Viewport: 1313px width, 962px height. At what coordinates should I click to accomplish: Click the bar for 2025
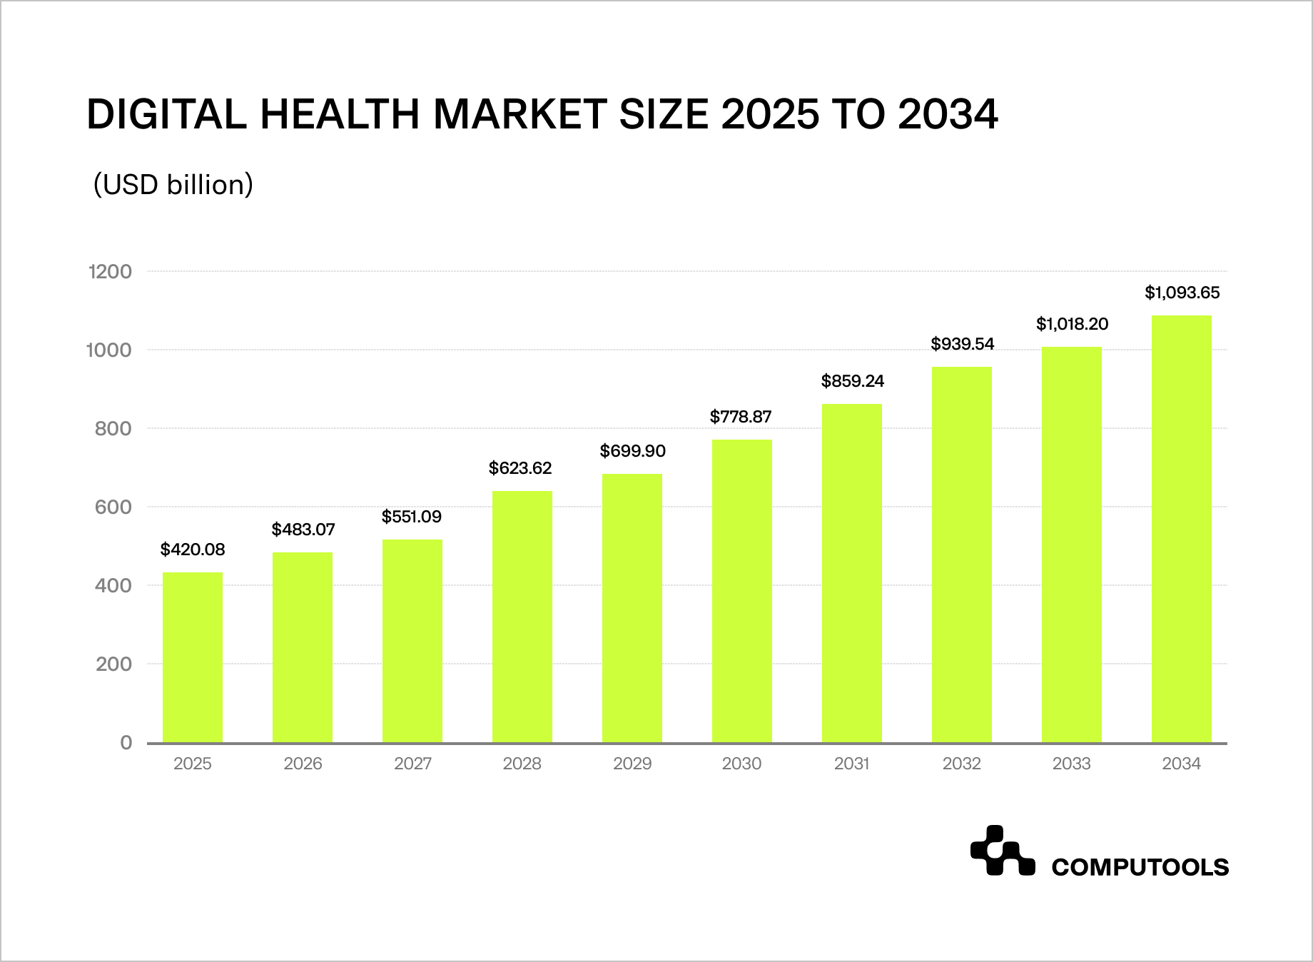pyautogui.click(x=193, y=657)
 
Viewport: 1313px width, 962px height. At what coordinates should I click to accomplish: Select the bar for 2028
pyautogui.click(x=522, y=617)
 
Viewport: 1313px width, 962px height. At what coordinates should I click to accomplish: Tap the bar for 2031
pyautogui.click(x=852, y=573)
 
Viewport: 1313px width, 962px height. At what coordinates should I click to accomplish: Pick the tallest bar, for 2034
pyautogui.click(x=1182, y=529)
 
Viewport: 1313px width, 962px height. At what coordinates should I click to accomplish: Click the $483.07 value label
pyautogui.click(x=303, y=530)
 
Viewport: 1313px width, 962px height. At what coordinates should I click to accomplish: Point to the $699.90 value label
pyautogui.click(x=633, y=451)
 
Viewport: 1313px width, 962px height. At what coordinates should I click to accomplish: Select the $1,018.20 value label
pyautogui.click(x=1073, y=324)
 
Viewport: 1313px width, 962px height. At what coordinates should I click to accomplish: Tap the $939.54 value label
pyautogui.click(x=963, y=344)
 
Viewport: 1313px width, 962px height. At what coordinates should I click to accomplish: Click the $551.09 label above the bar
pyautogui.click(x=412, y=517)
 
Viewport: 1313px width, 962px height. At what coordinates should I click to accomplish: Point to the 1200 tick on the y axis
pyautogui.click(x=110, y=272)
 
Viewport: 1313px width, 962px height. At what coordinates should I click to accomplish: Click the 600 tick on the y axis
pyautogui.click(x=113, y=507)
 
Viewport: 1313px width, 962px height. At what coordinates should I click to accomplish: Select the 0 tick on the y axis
pyautogui.click(x=126, y=743)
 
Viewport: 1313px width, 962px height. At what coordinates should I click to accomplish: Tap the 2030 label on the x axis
pyautogui.click(x=742, y=764)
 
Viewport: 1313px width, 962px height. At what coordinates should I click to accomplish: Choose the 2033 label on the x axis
pyautogui.click(x=1072, y=764)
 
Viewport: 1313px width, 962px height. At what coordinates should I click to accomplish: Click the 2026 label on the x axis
pyautogui.click(x=303, y=764)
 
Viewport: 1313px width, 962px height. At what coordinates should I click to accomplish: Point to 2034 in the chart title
pyautogui.click(x=948, y=114)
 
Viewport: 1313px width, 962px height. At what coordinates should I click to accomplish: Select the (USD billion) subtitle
pyautogui.click(x=173, y=185)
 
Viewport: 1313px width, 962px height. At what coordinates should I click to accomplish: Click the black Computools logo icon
pyautogui.click(x=1002, y=851)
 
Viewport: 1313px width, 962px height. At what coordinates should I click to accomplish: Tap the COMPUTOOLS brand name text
pyautogui.click(x=1140, y=867)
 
